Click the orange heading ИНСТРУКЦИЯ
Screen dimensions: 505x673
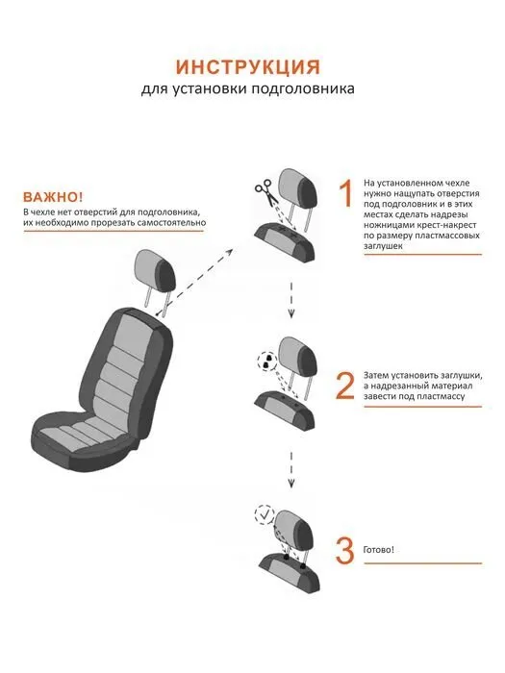click(248, 67)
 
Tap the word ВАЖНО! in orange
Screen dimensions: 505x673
click(53, 197)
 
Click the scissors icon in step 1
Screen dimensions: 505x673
click(265, 193)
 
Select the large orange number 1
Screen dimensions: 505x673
click(345, 193)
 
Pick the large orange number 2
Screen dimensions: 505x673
click(344, 385)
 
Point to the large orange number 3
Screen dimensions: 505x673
click(344, 550)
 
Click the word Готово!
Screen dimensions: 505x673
click(378, 550)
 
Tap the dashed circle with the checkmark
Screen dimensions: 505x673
click(265, 514)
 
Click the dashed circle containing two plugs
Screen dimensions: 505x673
click(267, 361)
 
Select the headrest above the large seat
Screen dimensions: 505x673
click(156, 272)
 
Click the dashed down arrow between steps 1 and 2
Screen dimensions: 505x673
click(291, 300)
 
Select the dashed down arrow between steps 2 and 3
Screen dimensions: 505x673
click(291, 469)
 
